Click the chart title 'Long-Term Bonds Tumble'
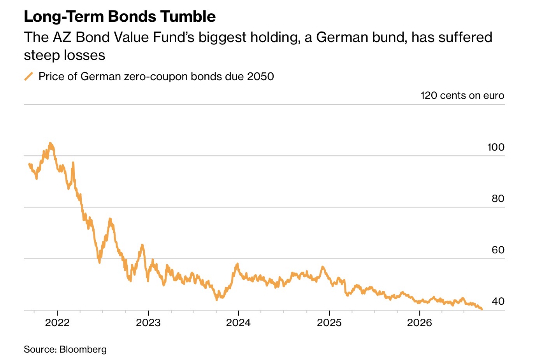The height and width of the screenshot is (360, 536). (x=120, y=17)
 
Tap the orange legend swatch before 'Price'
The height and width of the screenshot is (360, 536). (x=28, y=77)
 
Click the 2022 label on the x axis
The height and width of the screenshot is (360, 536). (x=57, y=323)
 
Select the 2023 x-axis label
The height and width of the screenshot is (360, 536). (x=148, y=323)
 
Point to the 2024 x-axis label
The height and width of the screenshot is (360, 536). (x=238, y=323)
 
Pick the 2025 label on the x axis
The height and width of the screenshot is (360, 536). (x=329, y=323)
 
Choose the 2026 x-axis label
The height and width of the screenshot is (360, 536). (x=420, y=323)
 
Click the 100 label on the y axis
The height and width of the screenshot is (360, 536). (x=496, y=147)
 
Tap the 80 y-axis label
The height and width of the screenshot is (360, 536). (x=498, y=198)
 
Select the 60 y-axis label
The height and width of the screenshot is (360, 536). (x=498, y=250)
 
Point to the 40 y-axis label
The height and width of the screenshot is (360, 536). (x=498, y=301)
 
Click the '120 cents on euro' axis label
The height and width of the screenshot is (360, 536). (x=462, y=95)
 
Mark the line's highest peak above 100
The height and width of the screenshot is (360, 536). (x=50, y=143)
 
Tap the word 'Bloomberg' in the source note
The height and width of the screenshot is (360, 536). (x=83, y=349)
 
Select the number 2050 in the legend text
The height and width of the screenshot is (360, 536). (x=260, y=77)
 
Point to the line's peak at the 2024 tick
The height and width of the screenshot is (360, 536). (x=237, y=264)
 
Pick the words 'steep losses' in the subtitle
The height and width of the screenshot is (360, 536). (x=65, y=55)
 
